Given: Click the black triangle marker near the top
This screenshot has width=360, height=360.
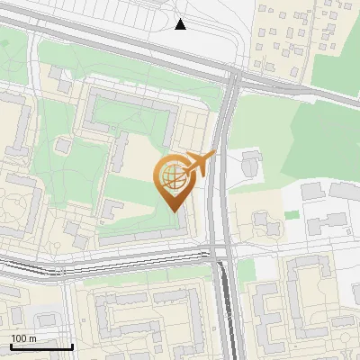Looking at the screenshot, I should point(181,24).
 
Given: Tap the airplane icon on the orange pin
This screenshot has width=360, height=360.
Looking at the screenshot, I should point(200,163).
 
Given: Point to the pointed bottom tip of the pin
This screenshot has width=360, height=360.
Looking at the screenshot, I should point(174,211).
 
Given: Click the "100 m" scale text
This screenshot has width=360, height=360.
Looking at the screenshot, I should point(23,338).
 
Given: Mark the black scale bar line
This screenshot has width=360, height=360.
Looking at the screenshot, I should point(41,346).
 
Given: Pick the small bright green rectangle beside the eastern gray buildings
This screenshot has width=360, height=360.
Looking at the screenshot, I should point(291,215).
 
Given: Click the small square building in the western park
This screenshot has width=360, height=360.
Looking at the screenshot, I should point(63,145).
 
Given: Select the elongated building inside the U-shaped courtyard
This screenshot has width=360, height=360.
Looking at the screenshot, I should point(119,153).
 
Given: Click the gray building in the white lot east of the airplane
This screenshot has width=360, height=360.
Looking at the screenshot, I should point(251,165).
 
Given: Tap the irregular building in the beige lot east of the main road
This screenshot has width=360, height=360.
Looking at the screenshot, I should point(262,221).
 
